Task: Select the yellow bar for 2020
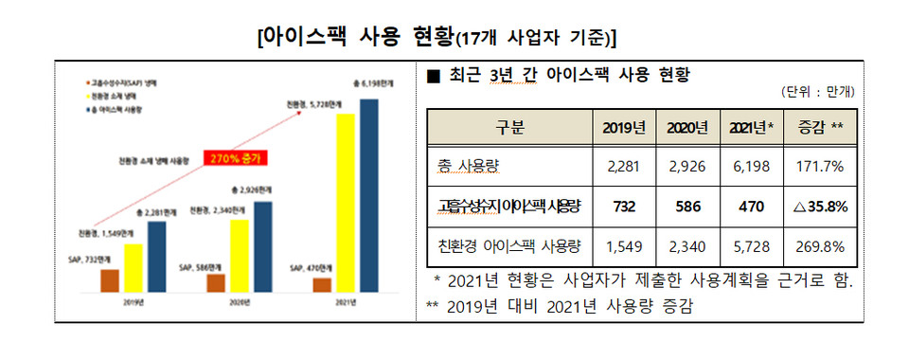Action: point(241,254)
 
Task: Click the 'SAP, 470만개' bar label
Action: point(310,269)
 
